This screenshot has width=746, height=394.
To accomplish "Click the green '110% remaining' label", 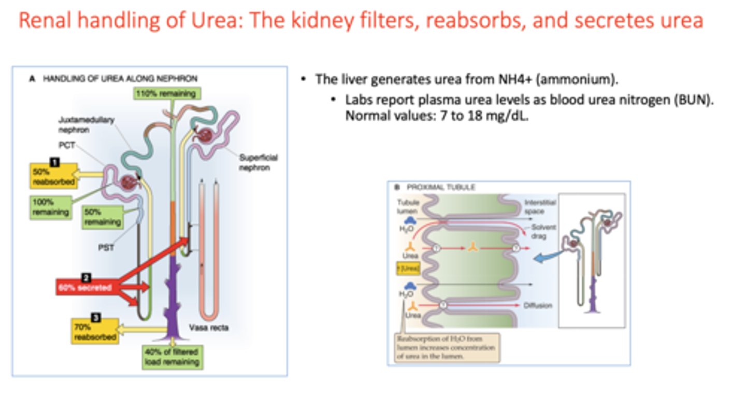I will tap(166, 94).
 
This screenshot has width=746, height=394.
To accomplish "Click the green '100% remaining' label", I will tap(50, 207).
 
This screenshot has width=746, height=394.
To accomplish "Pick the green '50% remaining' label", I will tap(102, 217).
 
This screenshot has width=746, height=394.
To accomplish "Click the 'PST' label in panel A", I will tap(106, 247).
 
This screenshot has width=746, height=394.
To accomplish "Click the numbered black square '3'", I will tap(95, 317).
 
